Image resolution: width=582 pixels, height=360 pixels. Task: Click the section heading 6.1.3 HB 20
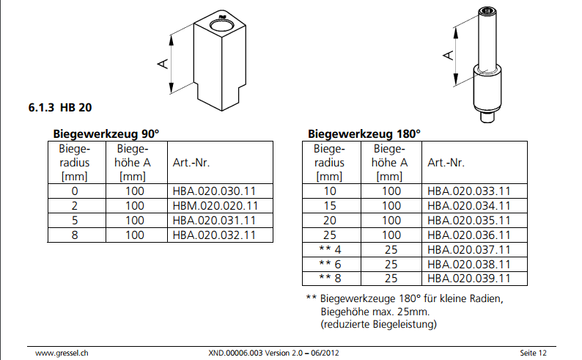tap(60, 108)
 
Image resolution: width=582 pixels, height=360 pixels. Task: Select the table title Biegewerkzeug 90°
tap(106, 133)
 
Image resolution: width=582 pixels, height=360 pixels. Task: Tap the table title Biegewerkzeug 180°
tap(364, 133)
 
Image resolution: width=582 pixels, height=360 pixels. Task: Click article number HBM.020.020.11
tap(216, 206)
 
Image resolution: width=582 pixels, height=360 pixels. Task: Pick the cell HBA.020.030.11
tap(214, 191)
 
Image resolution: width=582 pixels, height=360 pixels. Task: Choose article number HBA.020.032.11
tap(214, 235)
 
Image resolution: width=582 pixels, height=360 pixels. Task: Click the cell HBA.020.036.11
tap(469, 235)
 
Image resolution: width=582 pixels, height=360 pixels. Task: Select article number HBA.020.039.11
tap(469, 279)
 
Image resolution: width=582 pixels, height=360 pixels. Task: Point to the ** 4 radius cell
tap(330, 250)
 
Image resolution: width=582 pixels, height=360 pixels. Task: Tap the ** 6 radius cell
tap(330, 264)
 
